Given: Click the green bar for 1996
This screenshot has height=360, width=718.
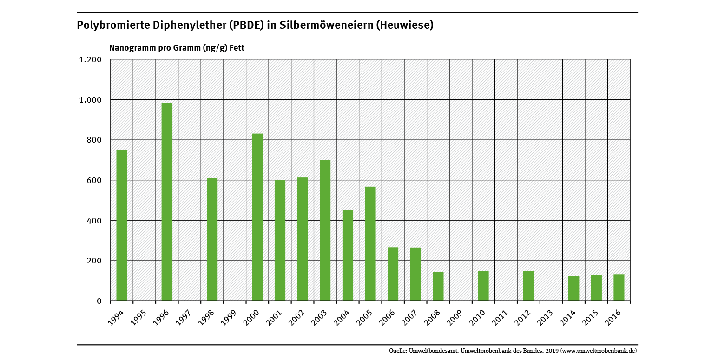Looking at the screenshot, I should (x=167, y=202).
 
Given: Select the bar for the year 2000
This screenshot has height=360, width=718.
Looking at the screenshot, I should (x=257, y=217).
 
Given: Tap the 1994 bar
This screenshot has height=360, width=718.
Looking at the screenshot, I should (x=122, y=225).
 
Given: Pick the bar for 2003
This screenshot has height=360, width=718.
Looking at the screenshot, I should (x=325, y=230).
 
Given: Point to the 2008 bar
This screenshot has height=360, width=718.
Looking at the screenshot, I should (x=438, y=286).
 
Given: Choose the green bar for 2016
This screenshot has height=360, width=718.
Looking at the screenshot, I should (x=619, y=288).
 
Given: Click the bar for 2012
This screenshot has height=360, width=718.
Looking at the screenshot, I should (x=528, y=286).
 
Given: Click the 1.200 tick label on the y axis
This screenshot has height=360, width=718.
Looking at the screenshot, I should (x=91, y=59).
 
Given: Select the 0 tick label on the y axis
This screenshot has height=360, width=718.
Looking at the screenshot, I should (x=99, y=301).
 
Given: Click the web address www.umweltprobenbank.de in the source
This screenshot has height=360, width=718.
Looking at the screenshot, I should (x=599, y=351).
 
